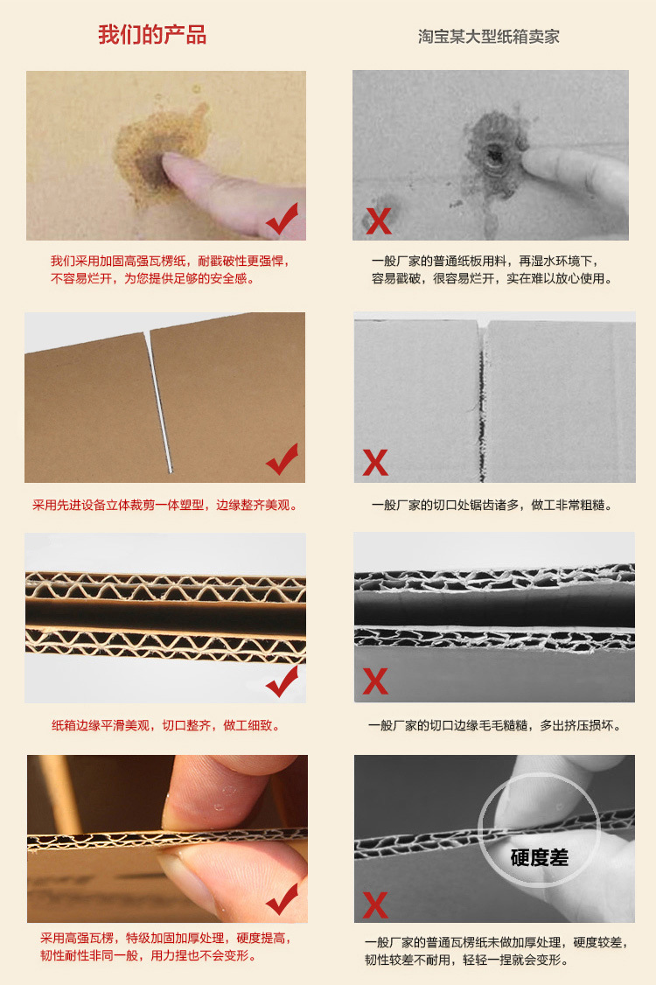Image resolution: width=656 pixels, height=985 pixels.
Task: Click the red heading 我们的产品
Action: tap(152, 35)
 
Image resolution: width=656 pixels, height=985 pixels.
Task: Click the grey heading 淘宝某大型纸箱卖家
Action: tap(488, 37)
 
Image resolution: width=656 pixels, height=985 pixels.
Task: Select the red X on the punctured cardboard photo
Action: tap(379, 220)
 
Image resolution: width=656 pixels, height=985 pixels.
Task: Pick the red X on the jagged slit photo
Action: tap(375, 462)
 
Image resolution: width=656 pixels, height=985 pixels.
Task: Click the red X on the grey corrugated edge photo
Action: tap(375, 681)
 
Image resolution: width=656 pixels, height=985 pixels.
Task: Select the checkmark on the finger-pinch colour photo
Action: tap(282, 898)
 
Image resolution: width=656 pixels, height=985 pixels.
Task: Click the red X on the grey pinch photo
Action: tap(375, 903)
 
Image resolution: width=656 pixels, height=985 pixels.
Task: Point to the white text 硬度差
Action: tap(539, 856)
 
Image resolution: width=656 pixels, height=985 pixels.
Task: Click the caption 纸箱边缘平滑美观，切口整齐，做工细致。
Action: tap(166, 725)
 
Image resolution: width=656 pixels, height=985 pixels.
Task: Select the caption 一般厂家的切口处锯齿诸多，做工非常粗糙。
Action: tap(492, 505)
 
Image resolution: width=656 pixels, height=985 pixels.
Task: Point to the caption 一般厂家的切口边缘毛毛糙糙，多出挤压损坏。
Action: tap(494, 725)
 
